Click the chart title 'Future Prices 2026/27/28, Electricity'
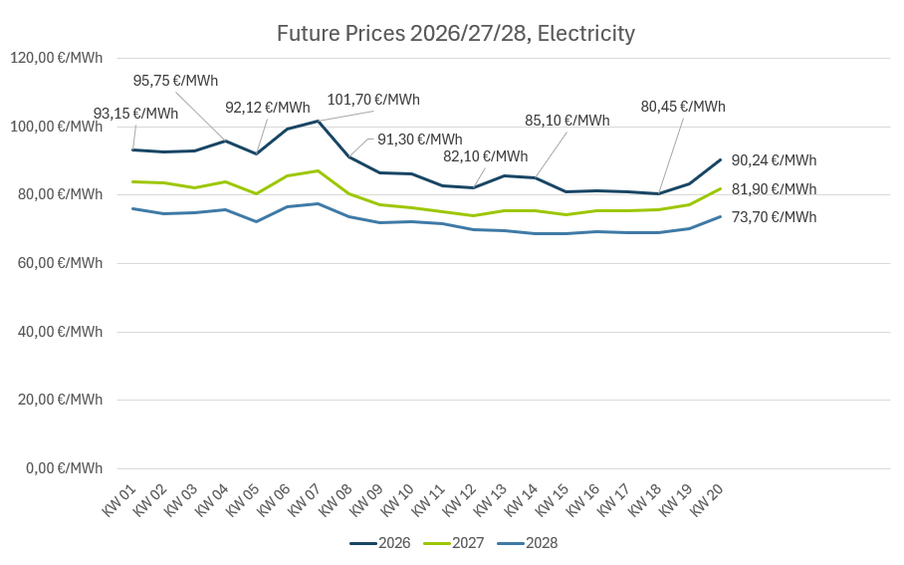(455, 34)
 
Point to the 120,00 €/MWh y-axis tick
(56, 59)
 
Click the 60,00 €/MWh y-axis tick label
(56, 263)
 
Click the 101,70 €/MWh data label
(373, 100)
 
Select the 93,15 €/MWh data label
(135, 114)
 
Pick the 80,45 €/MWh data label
(683, 107)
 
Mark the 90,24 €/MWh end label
(774, 160)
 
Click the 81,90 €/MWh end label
(774, 189)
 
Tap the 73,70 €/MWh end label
(774, 217)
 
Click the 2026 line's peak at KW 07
(318, 122)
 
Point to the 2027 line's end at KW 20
(721, 188)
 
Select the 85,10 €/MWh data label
(567, 121)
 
